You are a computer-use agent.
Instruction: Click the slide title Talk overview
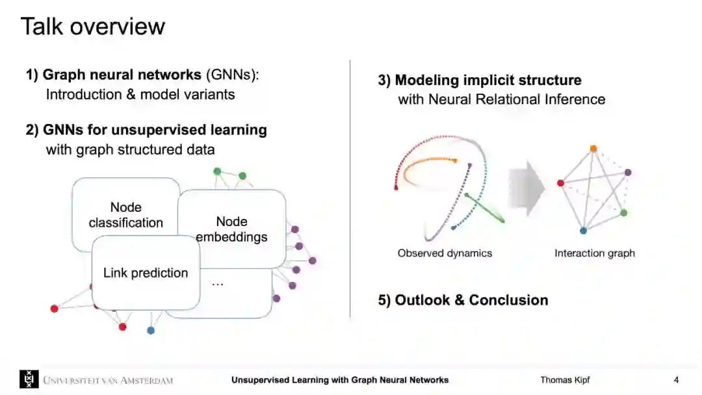[92, 27]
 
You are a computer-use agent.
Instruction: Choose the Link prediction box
[146, 273]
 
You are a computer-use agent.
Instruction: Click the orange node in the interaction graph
[593, 149]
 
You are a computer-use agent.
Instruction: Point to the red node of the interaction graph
[560, 183]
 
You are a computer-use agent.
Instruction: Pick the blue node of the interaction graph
[583, 230]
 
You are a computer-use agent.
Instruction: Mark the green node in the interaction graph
[623, 212]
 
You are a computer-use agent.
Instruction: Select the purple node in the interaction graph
[628, 172]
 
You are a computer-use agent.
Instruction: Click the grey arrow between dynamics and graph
[526, 189]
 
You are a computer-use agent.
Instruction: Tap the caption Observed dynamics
[445, 253]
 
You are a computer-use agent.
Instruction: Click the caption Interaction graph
[594, 253]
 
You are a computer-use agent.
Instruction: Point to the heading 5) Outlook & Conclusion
[463, 300]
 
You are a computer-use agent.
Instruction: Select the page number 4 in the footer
[676, 380]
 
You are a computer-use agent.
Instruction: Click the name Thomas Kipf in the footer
[565, 380]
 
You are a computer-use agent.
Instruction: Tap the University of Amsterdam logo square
[29, 379]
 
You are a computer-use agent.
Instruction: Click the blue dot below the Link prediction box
[151, 330]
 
